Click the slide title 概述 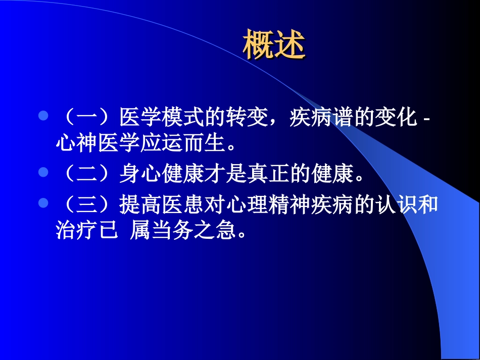274,45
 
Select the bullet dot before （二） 43,172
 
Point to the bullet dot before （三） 43,202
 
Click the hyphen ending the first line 425,120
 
